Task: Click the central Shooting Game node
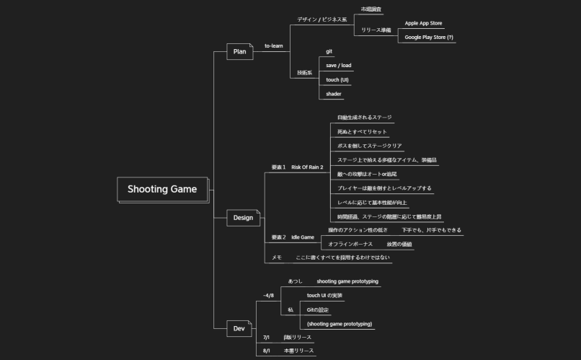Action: coord(162,190)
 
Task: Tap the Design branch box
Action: coord(242,217)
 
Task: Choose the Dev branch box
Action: coord(239,329)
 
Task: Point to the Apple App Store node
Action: coord(423,23)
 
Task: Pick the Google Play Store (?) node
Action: coord(429,37)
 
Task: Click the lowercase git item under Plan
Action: coord(329,51)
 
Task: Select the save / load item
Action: coord(338,66)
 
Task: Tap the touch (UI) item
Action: coord(337,79)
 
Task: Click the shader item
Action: coord(333,94)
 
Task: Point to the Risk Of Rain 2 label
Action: coord(307,167)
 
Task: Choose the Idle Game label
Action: coord(303,237)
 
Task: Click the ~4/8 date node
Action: coord(268,295)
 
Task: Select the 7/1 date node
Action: coord(266,337)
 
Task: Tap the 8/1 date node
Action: coord(266,350)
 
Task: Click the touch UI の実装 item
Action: coord(324,295)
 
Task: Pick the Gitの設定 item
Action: coord(318,309)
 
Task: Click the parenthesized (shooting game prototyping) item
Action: coord(340,324)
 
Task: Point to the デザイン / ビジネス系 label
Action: coord(321,19)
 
